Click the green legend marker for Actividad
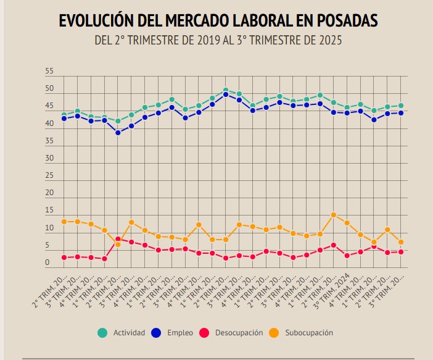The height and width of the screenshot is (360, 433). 103,333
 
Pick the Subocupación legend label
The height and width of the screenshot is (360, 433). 309,333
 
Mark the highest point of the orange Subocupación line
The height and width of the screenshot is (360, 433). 334,215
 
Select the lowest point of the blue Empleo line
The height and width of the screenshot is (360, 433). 118,132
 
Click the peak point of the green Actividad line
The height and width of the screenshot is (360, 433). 226,90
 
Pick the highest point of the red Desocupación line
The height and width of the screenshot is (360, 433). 118,239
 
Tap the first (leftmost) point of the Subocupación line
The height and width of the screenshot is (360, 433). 64,222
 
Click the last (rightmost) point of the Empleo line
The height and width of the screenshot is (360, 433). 401,112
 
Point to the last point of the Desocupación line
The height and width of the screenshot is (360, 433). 401,251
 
